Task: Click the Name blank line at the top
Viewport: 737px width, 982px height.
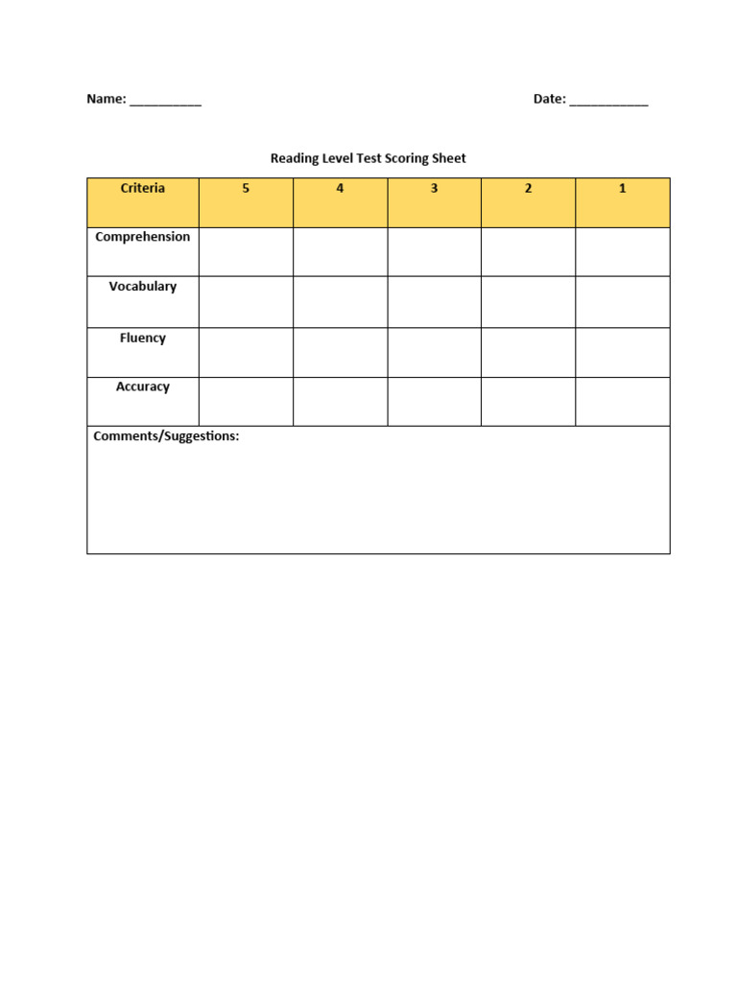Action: pyautogui.click(x=165, y=101)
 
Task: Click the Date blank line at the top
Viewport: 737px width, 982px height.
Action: pyautogui.click(x=608, y=101)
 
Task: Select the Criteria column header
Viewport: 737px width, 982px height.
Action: pyautogui.click(x=142, y=189)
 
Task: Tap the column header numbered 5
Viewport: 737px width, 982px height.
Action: pyautogui.click(x=246, y=189)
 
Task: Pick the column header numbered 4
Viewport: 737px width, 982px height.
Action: pyautogui.click(x=340, y=189)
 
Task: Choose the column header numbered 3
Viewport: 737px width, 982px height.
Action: pyautogui.click(x=434, y=189)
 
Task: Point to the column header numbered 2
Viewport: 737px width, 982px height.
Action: pyautogui.click(x=528, y=189)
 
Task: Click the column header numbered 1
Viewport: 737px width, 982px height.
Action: pyautogui.click(x=622, y=189)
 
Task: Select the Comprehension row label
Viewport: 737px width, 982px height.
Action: pyautogui.click(x=143, y=237)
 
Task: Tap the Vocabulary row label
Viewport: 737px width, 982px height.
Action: pyautogui.click(x=143, y=287)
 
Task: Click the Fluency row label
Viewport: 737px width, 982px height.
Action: pyautogui.click(x=143, y=338)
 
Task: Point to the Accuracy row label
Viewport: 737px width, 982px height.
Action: pyautogui.click(x=143, y=386)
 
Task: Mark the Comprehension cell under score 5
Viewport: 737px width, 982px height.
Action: pyautogui.click(x=246, y=251)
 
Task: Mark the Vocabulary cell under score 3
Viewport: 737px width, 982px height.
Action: pyautogui.click(x=434, y=302)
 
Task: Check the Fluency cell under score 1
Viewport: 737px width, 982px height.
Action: pyautogui.click(x=622, y=352)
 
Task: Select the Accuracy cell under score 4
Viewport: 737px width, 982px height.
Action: pyautogui.click(x=340, y=401)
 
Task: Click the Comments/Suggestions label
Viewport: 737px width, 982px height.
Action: pyautogui.click(x=166, y=436)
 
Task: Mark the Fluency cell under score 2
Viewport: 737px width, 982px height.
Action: pyautogui.click(x=528, y=352)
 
